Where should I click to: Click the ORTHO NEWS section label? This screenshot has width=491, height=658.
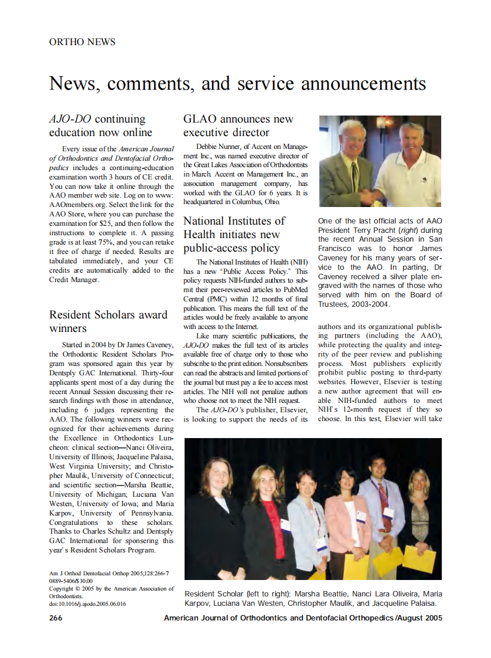click(x=82, y=42)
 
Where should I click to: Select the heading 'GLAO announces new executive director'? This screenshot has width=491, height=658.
click(x=238, y=126)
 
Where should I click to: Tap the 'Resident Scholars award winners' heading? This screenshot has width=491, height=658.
click(x=108, y=321)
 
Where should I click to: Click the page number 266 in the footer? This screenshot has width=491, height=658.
click(x=56, y=618)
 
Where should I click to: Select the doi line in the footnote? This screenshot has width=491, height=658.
click(x=87, y=603)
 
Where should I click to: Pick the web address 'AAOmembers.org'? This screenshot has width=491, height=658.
click(x=79, y=205)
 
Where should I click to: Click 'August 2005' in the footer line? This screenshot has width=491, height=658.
click(x=420, y=618)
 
